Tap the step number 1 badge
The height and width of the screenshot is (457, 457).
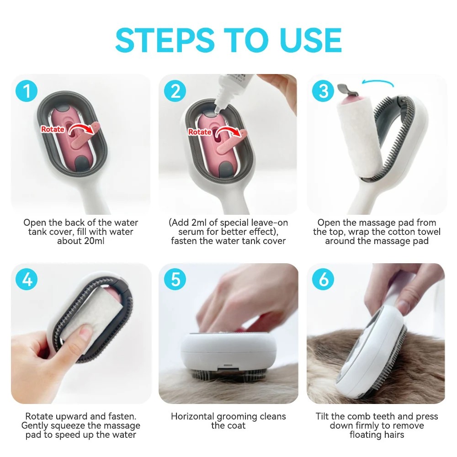pos(27,91)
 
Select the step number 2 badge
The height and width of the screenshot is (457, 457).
pos(175,91)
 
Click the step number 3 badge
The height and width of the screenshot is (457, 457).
pos(324,91)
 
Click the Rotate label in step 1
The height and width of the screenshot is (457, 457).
pos(53,129)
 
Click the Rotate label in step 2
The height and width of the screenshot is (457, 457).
pos(200,132)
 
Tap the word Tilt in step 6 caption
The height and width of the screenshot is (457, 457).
pos(324,416)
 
